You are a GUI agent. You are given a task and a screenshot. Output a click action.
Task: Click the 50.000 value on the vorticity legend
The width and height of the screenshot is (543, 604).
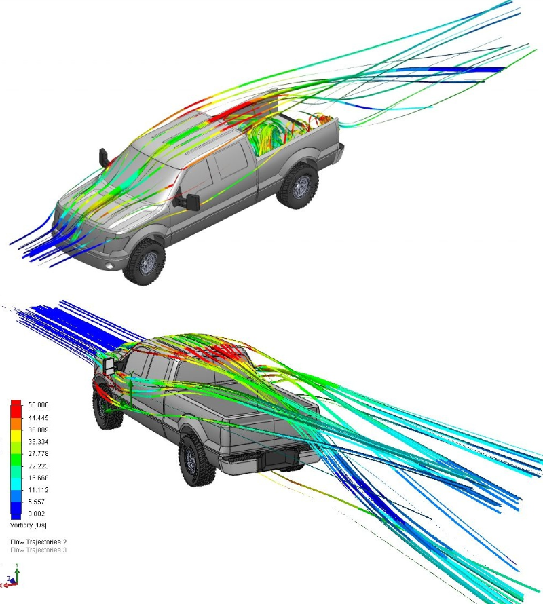pyautogui.click(x=38, y=405)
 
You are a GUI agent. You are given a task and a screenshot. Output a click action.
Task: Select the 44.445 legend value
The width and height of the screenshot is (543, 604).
pyautogui.click(x=38, y=417)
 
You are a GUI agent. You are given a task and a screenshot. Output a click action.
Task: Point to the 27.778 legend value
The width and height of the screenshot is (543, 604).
pyautogui.click(x=38, y=453)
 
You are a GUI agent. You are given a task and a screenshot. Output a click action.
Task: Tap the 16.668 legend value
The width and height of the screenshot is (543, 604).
pyautogui.click(x=38, y=478)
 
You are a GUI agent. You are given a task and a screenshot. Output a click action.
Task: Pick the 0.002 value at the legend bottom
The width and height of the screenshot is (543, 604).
pyautogui.click(x=36, y=514)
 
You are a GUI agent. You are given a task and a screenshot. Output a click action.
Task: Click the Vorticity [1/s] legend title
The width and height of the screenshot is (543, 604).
pyautogui.click(x=28, y=525)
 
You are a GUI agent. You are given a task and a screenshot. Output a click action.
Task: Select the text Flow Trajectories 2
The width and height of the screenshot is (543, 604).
pyautogui.click(x=38, y=542)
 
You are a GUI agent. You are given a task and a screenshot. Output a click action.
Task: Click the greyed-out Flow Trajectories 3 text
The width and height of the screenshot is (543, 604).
pyautogui.click(x=38, y=550)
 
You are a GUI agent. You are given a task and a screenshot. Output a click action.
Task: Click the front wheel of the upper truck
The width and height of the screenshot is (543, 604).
pyautogui.click(x=144, y=262)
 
